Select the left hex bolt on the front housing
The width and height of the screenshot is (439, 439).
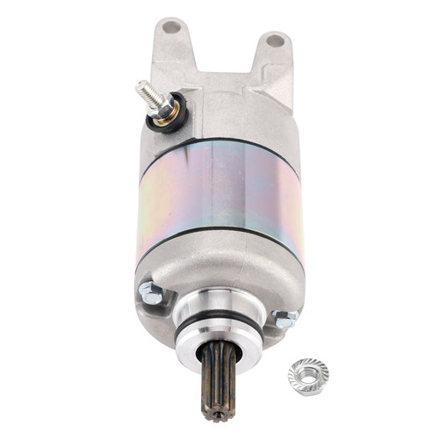click(149, 293)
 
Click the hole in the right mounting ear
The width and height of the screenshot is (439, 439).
click(275, 40)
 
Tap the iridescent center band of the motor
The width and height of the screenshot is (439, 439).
click(219, 198)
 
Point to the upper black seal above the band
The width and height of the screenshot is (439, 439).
click(219, 141)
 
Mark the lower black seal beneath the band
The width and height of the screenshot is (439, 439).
click(219, 255)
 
